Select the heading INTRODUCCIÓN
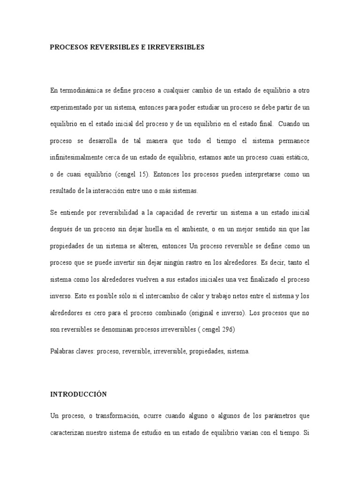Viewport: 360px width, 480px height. pos(78,394)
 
